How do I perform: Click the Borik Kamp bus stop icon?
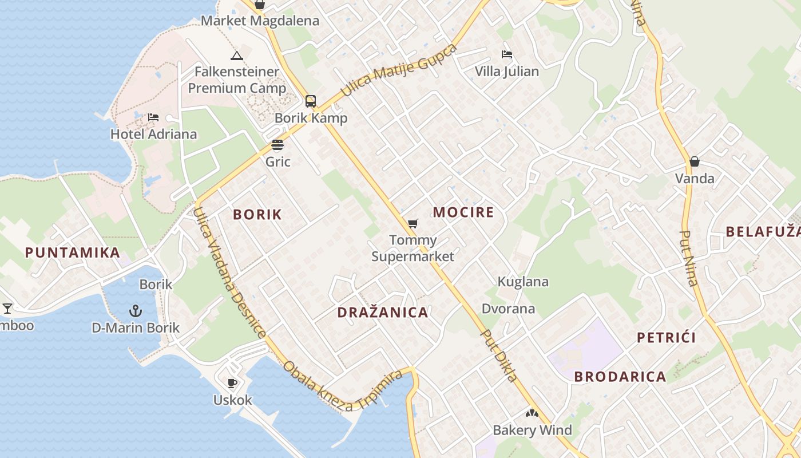pyautogui.click(x=311, y=101)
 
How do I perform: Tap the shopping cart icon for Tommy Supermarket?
pyautogui.click(x=413, y=223)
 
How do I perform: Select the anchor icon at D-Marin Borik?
pyautogui.click(x=136, y=311)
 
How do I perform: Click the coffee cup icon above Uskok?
pyautogui.click(x=232, y=383)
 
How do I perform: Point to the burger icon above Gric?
pyautogui.click(x=277, y=145)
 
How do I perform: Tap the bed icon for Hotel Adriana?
pyautogui.click(x=153, y=117)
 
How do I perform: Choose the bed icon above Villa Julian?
pyautogui.click(x=506, y=54)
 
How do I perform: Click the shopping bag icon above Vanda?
pyautogui.click(x=695, y=161)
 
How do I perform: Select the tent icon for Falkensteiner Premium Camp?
pyautogui.click(x=236, y=56)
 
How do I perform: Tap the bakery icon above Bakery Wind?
pyautogui.click(x=532, y=413)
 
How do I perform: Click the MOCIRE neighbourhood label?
pyautogui.click(x=463, y=212)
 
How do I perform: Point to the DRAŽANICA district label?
pyautogui.click(x=383, y=313)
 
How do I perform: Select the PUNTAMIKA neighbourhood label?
pyautogui.click(x=73, y=252)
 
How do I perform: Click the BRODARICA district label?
pyautogui.click(x=620, y=377)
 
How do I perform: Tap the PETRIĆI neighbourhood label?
pyautogui.click(x=667, y=337)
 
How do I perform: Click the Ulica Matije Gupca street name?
pyautogui.click(x=399, y=70)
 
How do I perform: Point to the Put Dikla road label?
pyautogui.click(x=499, y=356)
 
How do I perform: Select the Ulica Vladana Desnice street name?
pyautogui.click(x=229, y=273)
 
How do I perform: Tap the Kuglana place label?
pyautogui.click(x=523, y=282)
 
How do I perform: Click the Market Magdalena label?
pyautogui.click(x=260, y=21)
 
